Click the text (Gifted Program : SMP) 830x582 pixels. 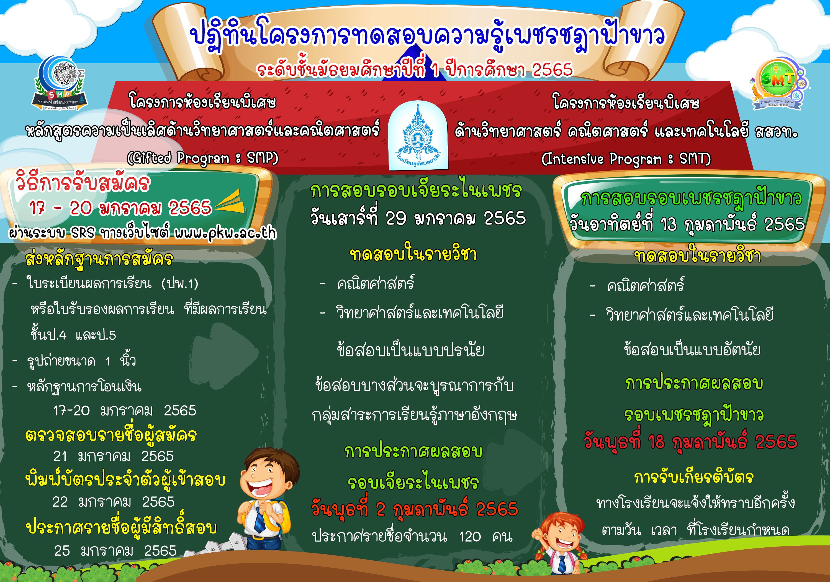pos(202,158)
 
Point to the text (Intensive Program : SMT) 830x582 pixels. pos(626,159)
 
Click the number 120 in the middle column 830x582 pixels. pos(470,537)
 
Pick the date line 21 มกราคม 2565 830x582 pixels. pos(114,456)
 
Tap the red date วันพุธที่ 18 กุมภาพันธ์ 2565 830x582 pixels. pos(690,441)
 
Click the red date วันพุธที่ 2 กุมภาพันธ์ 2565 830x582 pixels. pos(415,509)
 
